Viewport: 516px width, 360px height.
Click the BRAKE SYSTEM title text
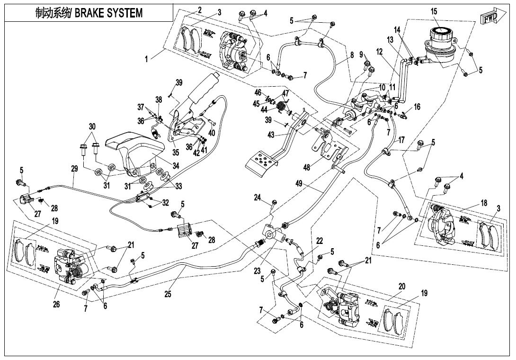coord(109,13)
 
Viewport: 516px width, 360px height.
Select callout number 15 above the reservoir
coord(434,11)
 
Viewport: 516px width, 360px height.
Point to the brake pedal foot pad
coord(262,162)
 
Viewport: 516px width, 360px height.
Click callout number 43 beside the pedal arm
coord(271,135)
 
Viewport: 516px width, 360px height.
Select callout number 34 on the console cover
coord(176,165)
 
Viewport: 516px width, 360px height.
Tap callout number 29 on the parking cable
coord(74,169)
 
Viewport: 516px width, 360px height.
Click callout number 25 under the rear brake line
coord(168,294)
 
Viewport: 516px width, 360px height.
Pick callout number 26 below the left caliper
coord(56,304)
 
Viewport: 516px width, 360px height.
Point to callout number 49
coord(299,184)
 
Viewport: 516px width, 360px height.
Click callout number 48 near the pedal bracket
coord(307,168)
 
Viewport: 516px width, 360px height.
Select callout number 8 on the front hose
coord(352,55)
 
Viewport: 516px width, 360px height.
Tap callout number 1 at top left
coord(146,59)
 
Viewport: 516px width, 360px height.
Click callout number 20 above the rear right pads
coord(402,287)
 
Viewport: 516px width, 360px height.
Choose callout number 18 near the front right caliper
coord(484,203)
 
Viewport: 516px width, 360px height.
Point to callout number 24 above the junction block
coord(257,198)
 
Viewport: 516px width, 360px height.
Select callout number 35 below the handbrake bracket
coord(176,152)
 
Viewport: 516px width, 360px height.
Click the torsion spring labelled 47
coord(281,107)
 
